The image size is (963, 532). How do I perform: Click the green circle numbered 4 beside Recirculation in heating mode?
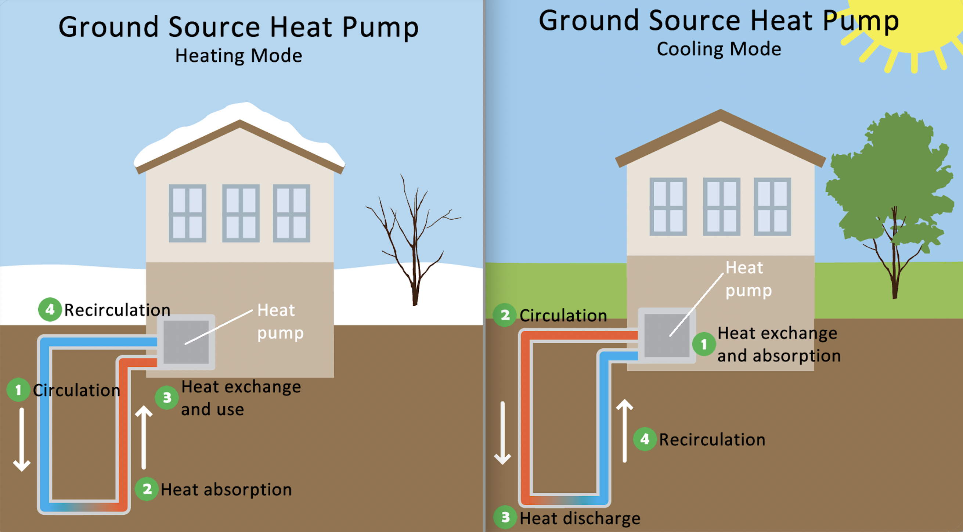coord(50,310)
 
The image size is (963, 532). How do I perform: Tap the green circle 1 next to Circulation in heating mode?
coord(18,390)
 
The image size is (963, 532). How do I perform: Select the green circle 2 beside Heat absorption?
coord(147,489)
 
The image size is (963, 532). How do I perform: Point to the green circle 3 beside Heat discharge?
coord(505,517)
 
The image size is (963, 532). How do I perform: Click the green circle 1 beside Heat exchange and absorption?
coord(704,344)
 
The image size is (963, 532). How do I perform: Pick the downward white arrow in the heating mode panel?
coord(22,439)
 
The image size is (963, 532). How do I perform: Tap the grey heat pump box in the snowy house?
coord(186,342)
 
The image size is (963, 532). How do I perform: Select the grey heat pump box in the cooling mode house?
coord(667,335)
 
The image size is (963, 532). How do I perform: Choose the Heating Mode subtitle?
coord(238,56)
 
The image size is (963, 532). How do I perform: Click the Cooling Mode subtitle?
coord(718,49)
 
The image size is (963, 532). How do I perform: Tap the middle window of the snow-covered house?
coord(241,213)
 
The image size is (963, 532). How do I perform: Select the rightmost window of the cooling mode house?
coord(772,207)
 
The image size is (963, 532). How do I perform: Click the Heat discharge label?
coord(580,518)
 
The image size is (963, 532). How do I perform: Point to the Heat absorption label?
coord(226,489)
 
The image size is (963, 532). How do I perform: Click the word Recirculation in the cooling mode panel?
coord(712,439)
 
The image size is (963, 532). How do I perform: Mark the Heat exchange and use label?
coord(241,398)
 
